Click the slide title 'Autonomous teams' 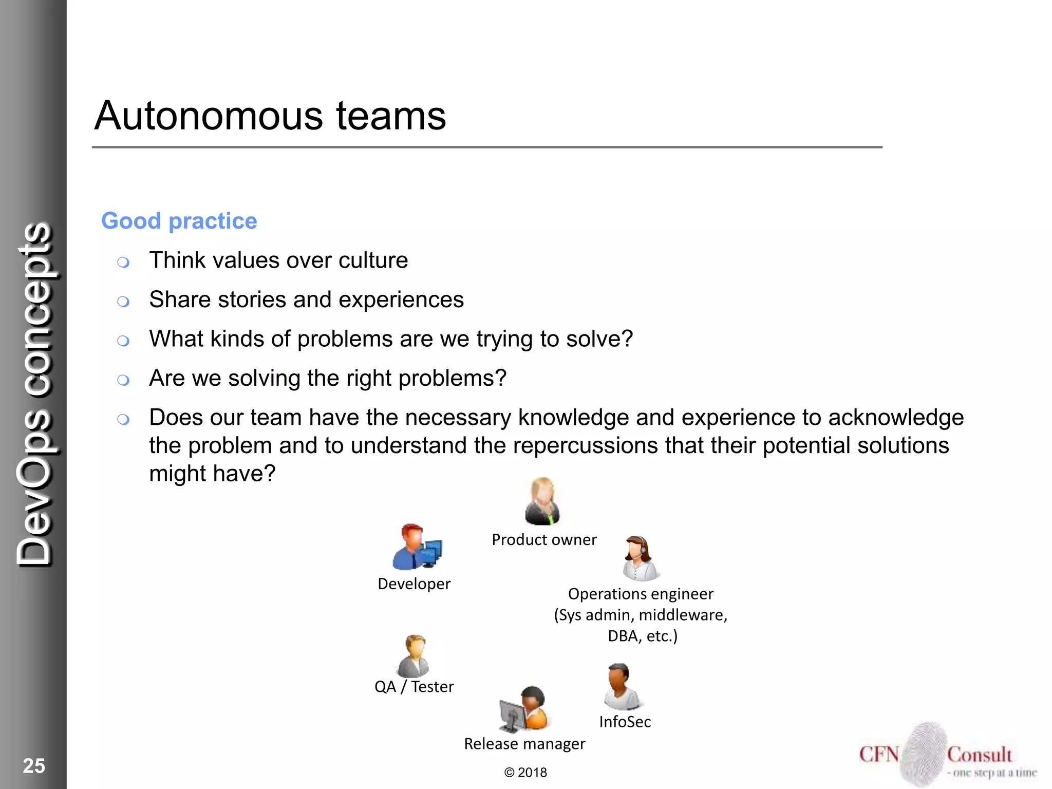pos(270,116)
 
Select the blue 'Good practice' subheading pos(179,221)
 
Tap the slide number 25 pos(34,765)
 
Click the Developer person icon pos(416,548)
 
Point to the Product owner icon pos(542,501)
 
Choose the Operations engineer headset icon pos(640,558)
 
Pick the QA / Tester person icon pos(414,656)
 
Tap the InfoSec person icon pos(622,687)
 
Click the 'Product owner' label pos(544,540)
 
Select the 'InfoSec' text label pos(625,722)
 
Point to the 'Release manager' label pos(524,744)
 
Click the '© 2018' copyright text pos(525,773)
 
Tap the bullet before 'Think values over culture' pos(123,262)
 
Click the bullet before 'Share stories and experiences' pos(123,302)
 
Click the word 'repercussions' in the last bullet pos(585,445)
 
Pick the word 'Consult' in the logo pos(979,755)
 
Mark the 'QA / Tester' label pos(414,687)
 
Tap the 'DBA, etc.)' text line pos(643,636)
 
